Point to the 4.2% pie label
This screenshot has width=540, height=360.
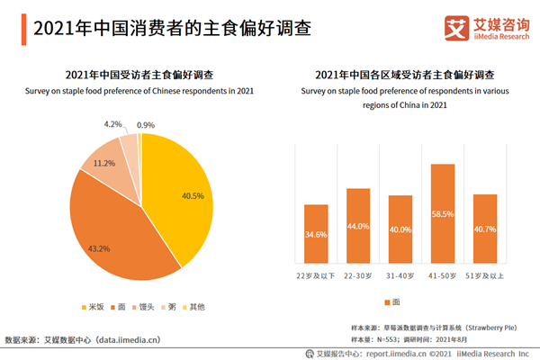coord(113,124)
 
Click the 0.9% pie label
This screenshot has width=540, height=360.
coord(145,125)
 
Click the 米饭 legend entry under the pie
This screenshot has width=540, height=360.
coord(93,306)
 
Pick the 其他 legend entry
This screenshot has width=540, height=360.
coord(193,306)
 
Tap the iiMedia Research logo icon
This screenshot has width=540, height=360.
coord(454,28)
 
